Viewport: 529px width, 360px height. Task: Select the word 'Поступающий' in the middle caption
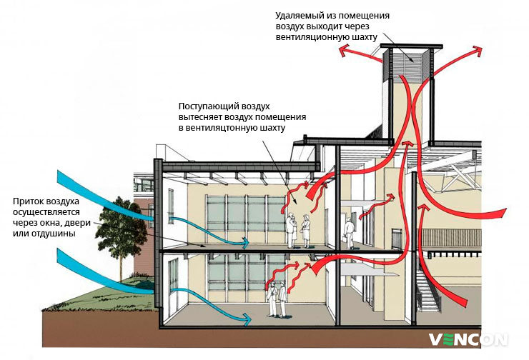209,106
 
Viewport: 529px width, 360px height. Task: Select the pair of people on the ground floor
277,298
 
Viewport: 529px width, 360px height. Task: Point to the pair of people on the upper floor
299,230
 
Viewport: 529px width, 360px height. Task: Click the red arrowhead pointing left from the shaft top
343,51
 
